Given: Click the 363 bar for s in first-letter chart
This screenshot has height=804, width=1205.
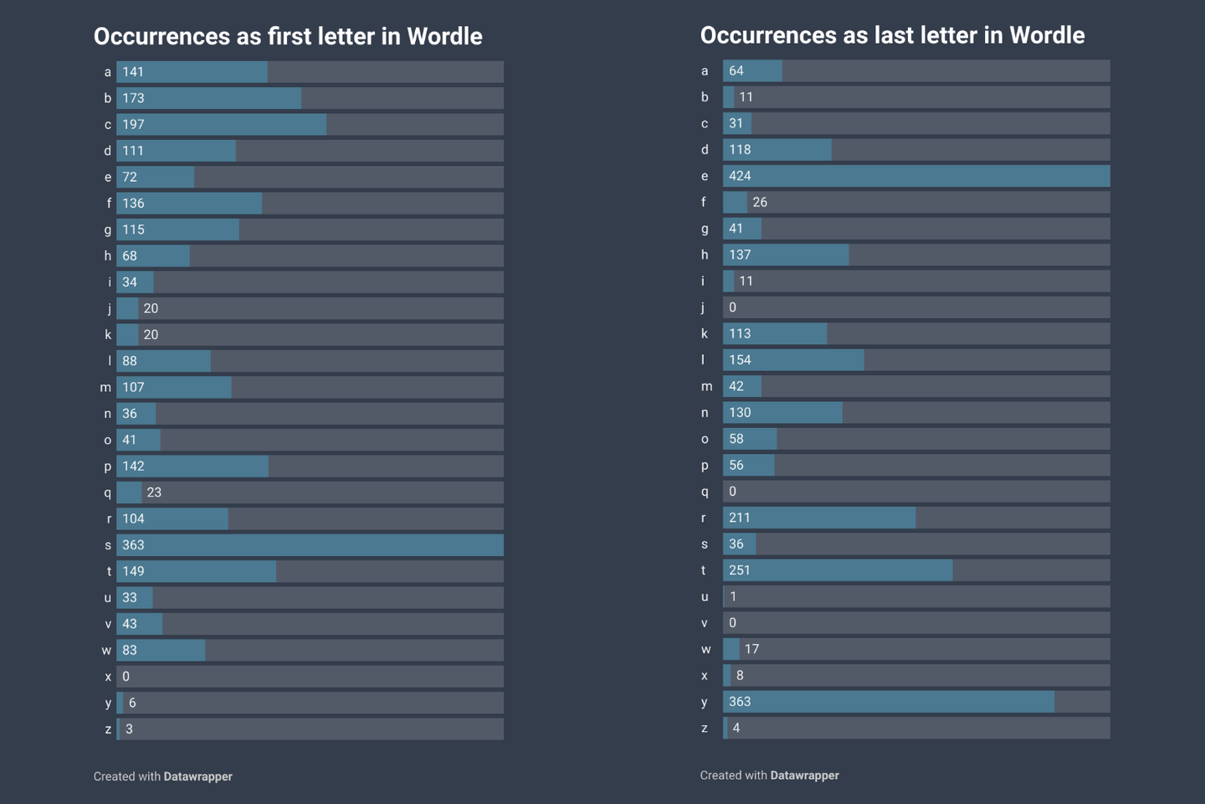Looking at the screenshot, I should point(310,545).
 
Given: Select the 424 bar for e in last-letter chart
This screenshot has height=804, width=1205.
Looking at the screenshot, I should point(916,176).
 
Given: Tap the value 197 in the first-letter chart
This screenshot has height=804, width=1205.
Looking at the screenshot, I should point(133,125).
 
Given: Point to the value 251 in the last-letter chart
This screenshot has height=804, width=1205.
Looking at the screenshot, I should point(740,570).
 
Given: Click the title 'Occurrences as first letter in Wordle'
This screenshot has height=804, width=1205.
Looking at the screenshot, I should point(288,37).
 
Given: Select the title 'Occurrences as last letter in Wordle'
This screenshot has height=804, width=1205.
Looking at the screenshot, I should point(892,35).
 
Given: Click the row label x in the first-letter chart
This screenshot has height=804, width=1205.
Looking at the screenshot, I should point(108,677).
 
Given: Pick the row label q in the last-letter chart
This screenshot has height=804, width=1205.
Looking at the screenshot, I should point(705,492).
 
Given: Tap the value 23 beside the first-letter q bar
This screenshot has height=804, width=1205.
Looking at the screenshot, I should point(154,492).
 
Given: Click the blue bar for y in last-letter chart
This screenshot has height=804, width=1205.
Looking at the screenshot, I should point(888,702).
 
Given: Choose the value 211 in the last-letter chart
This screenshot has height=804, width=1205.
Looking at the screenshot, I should point(740,518).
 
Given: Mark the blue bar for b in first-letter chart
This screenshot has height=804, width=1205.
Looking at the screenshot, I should point(209,98).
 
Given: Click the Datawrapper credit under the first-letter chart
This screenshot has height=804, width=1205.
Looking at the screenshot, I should point(197,776).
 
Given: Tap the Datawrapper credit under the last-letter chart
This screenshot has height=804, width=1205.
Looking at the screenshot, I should point(804,776).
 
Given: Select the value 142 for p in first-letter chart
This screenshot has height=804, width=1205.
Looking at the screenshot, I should point(133,466).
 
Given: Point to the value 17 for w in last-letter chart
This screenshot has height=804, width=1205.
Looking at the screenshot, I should point(751,649).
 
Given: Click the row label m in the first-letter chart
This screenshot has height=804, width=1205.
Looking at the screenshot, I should point(105,388).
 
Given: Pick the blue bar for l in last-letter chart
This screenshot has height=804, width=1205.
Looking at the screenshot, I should point(793,360).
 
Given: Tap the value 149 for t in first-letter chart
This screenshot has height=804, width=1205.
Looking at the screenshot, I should point(133,571).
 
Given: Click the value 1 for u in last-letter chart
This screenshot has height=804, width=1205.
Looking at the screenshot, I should point(733,596).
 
